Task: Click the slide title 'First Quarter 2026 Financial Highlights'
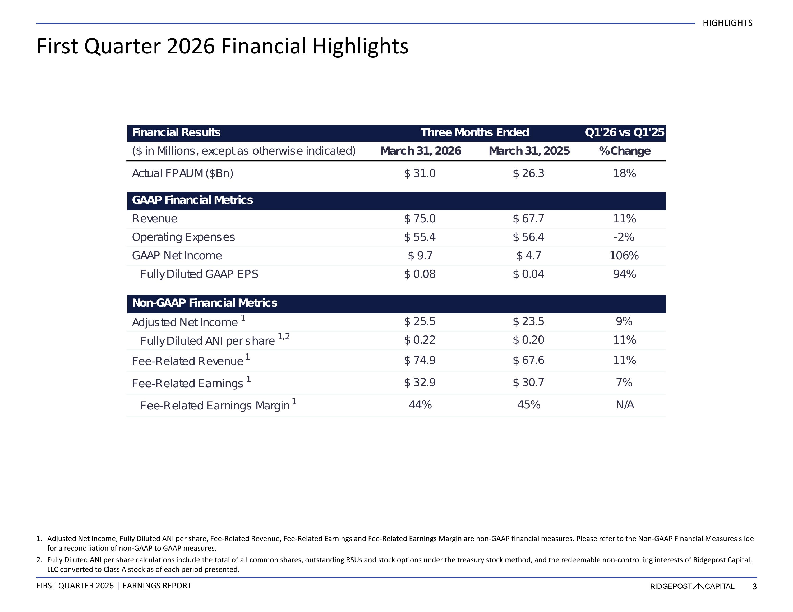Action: (223, 47)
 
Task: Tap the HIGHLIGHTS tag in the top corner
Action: (728, 23)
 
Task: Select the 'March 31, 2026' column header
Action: (421, 151)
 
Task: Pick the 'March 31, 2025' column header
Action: (529, 151)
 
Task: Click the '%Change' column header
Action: (625, 151)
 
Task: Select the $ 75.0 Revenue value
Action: (420, 219)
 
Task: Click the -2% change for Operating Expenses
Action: (624, 237)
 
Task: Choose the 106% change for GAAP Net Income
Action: (624, 256)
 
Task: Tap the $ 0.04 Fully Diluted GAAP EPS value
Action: (528, 274)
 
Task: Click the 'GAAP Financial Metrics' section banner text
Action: (192, 200)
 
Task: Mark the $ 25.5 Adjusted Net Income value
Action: (420, 321)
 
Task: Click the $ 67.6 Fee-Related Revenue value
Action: (528, 360)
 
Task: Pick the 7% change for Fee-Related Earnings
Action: (624, 383)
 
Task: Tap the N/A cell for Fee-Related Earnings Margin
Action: (625, 405)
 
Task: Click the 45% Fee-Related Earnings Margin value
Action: (529, 405)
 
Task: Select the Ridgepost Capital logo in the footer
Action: (692, 586)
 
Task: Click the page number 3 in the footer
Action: (754, 586)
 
